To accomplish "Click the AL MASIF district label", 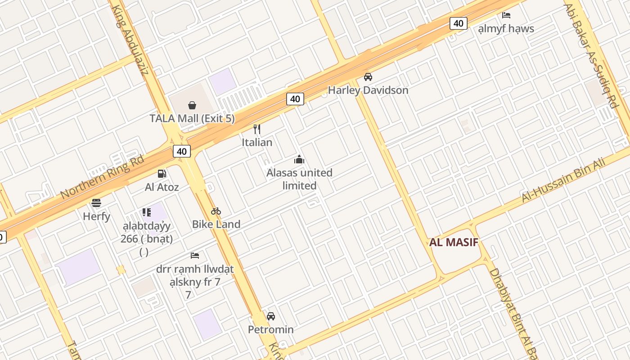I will tap(453, 243).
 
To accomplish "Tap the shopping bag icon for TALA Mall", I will tap(192, 105).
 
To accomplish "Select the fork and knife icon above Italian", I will tap(257, 129).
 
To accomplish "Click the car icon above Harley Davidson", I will tap(368, 77).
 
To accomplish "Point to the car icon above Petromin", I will tap(271, 316).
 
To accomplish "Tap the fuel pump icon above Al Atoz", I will tap(162, 174).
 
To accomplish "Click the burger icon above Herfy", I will tap(96, 203).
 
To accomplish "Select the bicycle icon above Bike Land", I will tap(216, 211).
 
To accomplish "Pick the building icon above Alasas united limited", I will tap(299, 159).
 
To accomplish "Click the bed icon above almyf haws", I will tap(506, 15).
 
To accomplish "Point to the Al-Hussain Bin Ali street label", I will tap(563, 180).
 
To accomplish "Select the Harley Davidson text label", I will tap(368, 90).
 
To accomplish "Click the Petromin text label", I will tap(271, 330).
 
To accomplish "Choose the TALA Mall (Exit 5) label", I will tap(192, 119).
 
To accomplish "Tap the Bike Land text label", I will tap(216, 224).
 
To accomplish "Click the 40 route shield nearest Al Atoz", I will tap(181, 151).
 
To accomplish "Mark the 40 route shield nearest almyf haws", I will tap(458, 23).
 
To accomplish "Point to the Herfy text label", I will tap(96, 216).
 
